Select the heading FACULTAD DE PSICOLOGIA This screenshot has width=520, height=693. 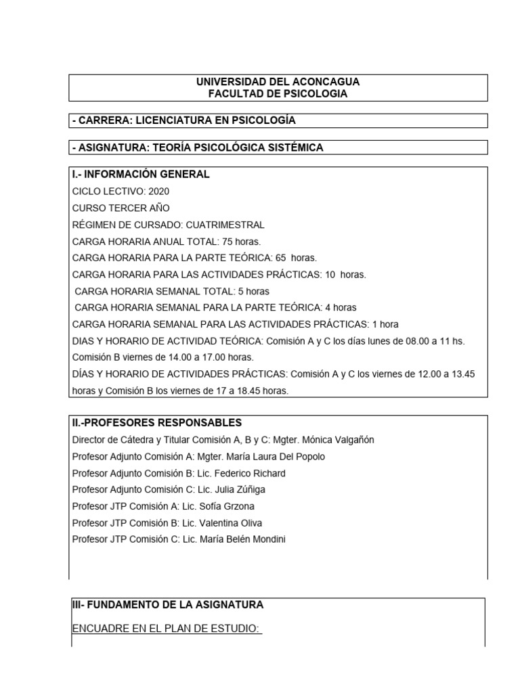click(x=278, y=94)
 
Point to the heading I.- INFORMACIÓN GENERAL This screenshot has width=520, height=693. click(x=141, y=174)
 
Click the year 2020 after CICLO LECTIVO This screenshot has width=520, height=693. click(x=158, y=192)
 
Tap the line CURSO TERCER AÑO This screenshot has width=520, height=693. click(x=121, y=208)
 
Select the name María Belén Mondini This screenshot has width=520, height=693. click(x=248, y=539)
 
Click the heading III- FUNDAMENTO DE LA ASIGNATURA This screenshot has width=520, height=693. click(x=168, y=604)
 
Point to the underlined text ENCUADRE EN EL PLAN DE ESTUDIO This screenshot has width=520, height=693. click(x=167, y=629)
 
